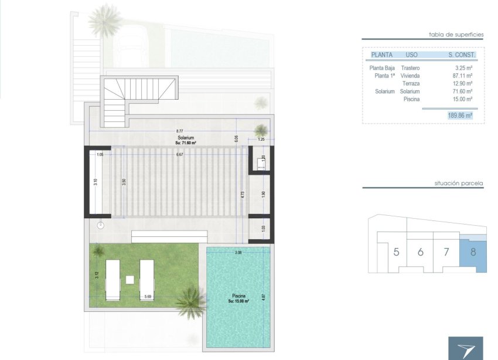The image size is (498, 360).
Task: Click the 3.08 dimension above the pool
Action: coord(238,253)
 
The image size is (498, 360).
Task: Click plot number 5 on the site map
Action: coord(397,253)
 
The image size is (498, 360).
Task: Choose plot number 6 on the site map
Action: coord(420,253)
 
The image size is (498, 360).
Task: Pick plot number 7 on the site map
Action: coord(446,253)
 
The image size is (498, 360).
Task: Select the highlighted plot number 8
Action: coord(473,253)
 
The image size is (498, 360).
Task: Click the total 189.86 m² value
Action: coord(459,116)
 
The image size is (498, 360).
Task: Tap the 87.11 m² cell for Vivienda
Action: coord(463,76)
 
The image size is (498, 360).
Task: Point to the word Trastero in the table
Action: coord(410,68)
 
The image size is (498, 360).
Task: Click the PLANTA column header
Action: coord(381,55)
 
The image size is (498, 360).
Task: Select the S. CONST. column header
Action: coord(462,55)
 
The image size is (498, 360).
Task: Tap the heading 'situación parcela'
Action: coord(459,183)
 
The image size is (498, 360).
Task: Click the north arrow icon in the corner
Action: coord(466,348)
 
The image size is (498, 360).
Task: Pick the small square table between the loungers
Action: coord(130,279)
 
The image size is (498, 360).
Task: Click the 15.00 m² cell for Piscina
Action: coord(463,99)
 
